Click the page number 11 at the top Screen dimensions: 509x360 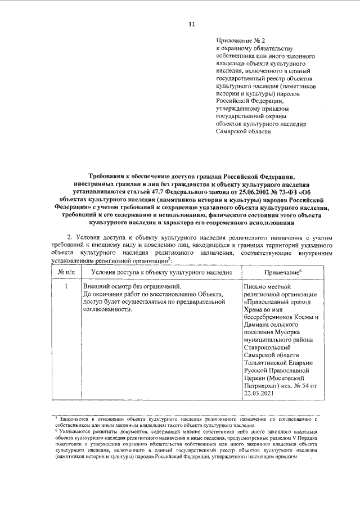(x=191, y=24)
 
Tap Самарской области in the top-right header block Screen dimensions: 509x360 (x=244, y=132)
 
